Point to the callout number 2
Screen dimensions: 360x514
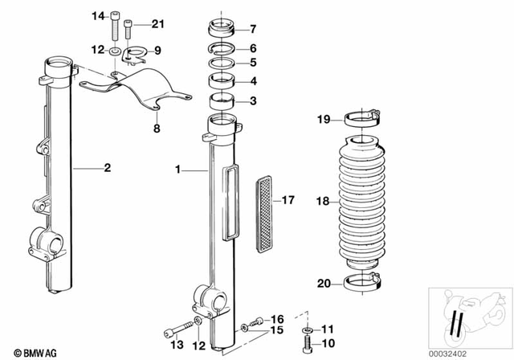click(107, 168)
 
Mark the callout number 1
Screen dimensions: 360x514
click(180, 170)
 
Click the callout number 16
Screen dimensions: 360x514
click(277, 318)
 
